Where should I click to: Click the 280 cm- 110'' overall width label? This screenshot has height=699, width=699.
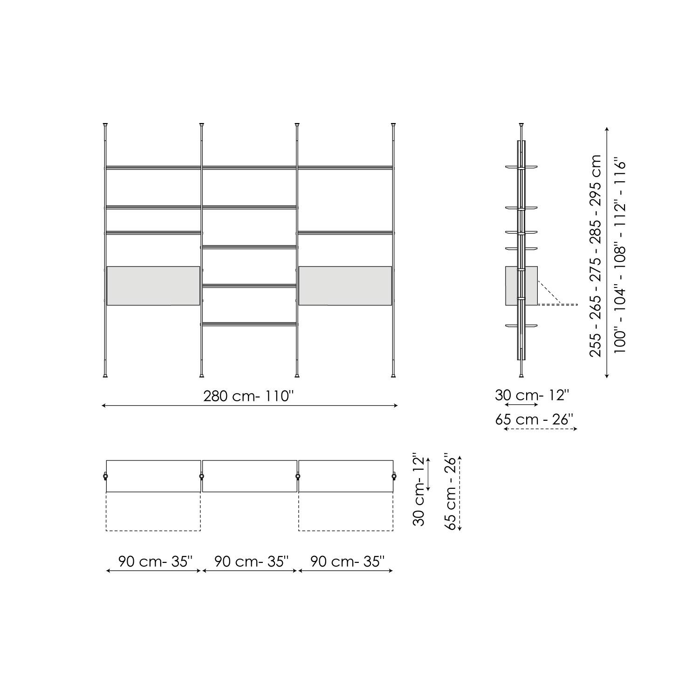[x=248, y=396]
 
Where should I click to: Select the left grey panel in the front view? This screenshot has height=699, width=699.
[x=153, y=286]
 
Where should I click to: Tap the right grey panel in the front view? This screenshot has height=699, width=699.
[x=345, y=286]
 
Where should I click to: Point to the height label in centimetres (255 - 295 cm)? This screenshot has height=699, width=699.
[x=595, y=255]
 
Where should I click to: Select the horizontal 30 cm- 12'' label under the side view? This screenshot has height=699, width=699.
[x=532, y=395]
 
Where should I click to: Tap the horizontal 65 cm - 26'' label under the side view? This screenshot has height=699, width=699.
[x=534, y=419]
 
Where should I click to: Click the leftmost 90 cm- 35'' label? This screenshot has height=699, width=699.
[x=155, y=561]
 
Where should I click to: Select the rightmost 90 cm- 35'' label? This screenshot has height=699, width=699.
[x=347, y=561]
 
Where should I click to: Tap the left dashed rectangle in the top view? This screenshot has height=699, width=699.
[x=153, y=511]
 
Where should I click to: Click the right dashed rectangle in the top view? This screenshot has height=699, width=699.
[x=345, y=511]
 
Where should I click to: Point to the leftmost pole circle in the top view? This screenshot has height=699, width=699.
[x=105, y=476]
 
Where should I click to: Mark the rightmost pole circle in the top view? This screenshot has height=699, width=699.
[x=394, y=476]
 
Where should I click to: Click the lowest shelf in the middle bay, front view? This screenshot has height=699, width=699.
[x=249, y=323]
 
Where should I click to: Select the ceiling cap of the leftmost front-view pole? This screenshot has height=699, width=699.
[x=105, y=125]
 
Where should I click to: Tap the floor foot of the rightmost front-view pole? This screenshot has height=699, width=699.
[x=394, y=375]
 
